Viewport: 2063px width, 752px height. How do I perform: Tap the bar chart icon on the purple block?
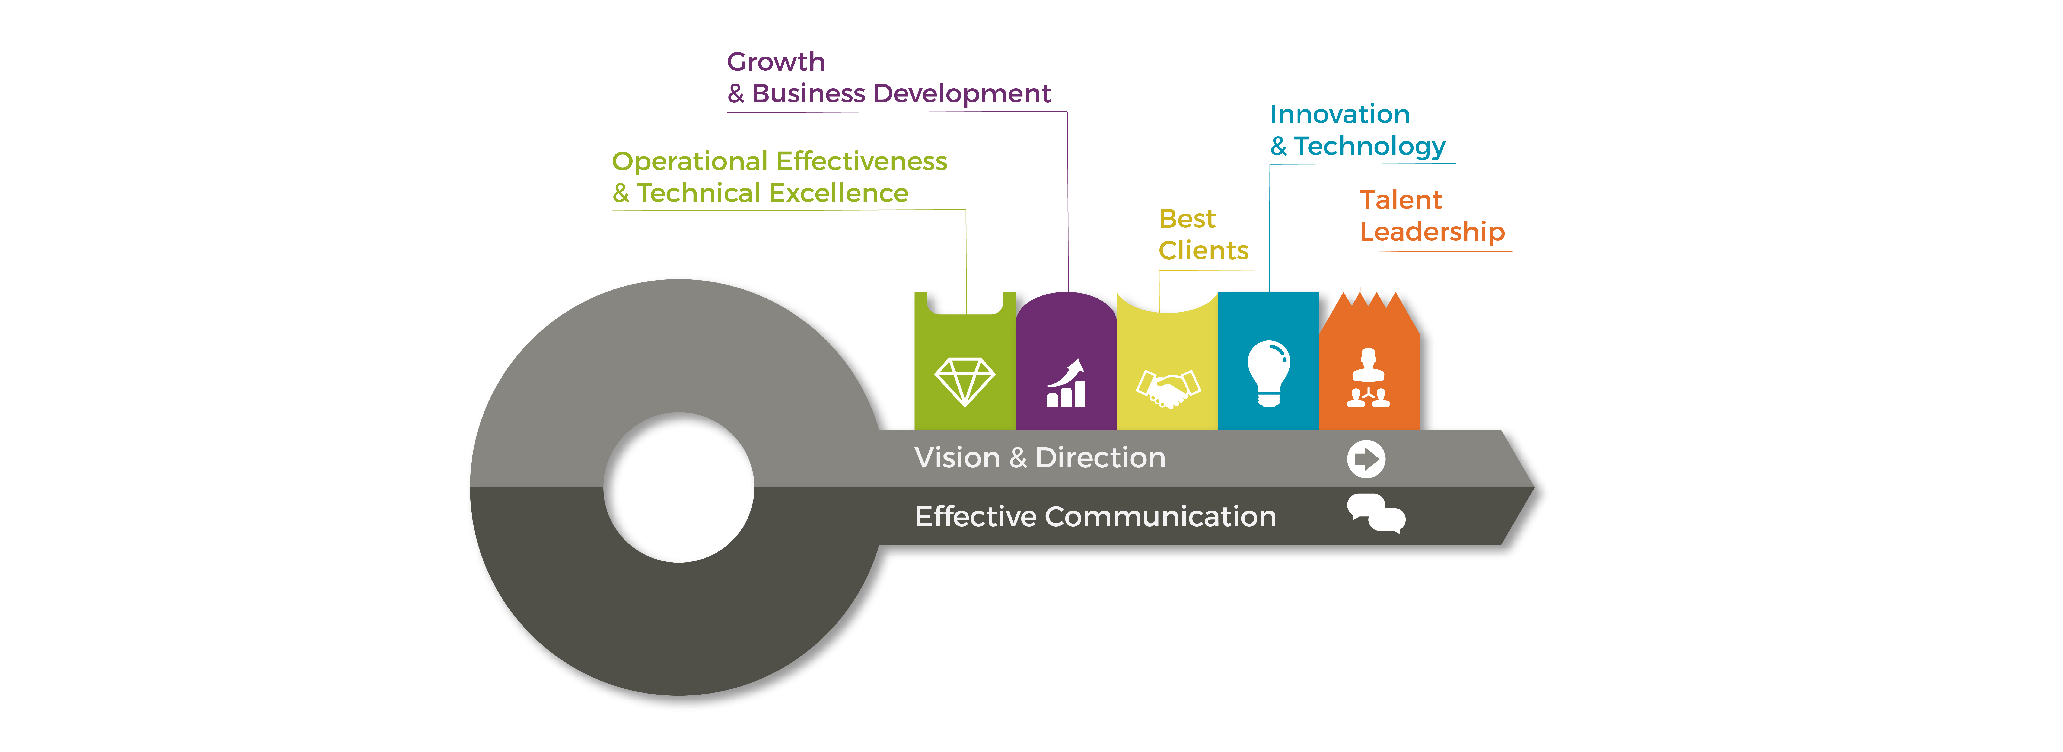point(1067,384)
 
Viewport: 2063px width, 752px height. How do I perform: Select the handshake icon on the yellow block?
point(1168,388)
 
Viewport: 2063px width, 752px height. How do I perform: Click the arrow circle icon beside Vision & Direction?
point(1365,459)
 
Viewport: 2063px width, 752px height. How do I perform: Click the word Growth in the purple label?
point(775,62)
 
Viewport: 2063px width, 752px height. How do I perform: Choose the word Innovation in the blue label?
point(1339,115)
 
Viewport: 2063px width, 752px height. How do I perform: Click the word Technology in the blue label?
point(1369,147)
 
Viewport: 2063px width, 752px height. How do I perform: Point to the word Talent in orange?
point(1400,199)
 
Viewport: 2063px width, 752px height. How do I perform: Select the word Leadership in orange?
point(1432,231)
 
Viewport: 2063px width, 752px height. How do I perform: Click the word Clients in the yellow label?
point(1203,251)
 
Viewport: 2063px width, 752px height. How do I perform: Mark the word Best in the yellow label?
point(1187,219)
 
